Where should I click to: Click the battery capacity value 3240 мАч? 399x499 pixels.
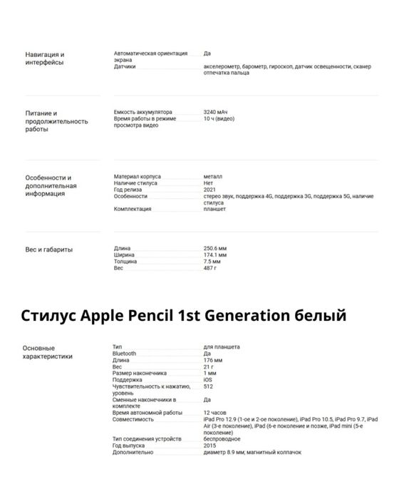point(216,112)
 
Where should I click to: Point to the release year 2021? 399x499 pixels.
point(210,190)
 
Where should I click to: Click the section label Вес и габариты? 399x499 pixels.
point(48,249)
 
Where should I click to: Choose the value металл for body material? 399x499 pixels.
point(212,176)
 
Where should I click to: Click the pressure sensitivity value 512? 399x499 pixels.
point(208,386)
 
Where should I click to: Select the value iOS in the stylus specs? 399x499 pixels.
point(207,379)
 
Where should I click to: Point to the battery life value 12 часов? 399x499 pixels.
point(216,413)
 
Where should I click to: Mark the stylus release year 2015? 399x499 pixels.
point(210,446)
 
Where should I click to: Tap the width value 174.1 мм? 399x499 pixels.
point(215,254)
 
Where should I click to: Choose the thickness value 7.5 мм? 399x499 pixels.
point(212,261)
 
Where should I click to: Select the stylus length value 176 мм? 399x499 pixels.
point(213,360)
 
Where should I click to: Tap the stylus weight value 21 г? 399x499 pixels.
point(208,366)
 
